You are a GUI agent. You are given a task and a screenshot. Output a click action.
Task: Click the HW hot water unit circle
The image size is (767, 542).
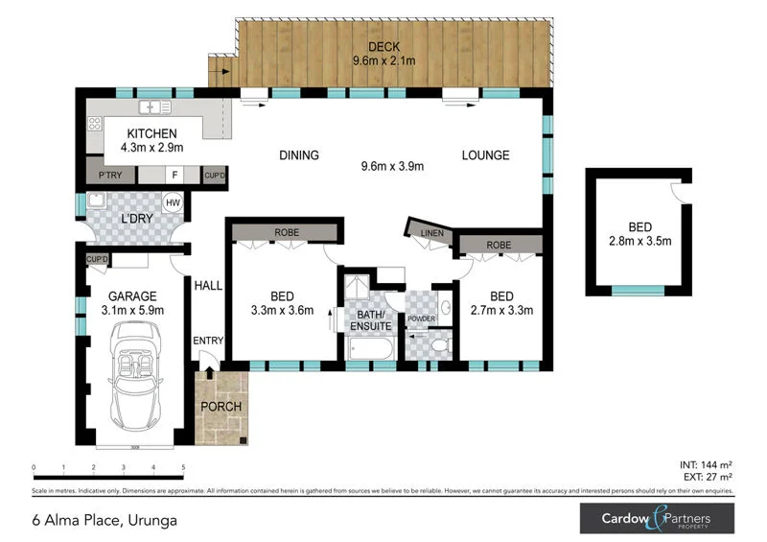click(174, 203)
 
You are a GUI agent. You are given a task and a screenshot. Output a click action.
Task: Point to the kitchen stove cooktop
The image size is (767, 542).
click(95, 123)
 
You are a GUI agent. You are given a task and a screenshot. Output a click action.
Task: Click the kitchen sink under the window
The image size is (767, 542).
click(151, 106)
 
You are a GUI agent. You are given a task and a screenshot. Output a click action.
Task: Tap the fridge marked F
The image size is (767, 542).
click(174, 176)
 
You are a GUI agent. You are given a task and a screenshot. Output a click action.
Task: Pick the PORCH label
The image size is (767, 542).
click(221, 407)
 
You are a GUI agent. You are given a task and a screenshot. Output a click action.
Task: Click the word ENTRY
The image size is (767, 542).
click(207, 341)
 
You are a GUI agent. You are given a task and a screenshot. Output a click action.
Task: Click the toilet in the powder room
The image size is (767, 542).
click(438, 344)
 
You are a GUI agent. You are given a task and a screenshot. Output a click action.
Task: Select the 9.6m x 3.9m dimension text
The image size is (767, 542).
click(392, 166)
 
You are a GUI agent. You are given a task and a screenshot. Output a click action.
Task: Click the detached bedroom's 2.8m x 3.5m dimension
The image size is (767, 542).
click(639, 243)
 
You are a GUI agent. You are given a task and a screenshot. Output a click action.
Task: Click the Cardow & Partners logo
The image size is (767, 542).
click(657, 519)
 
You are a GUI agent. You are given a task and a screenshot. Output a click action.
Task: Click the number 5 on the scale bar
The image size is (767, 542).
click(182, 468)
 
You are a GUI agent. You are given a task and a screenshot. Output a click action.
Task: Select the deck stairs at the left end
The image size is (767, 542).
click(221, 70)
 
